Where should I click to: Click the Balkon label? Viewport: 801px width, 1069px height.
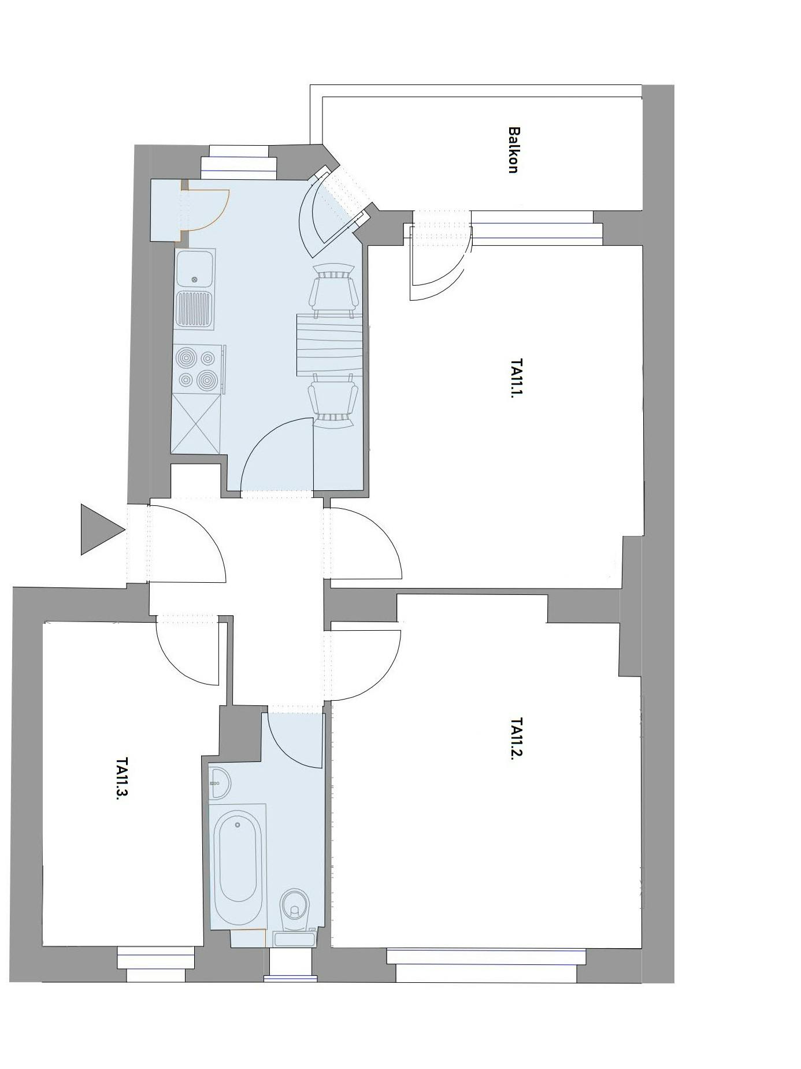513,150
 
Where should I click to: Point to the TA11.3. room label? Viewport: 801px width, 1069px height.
121,778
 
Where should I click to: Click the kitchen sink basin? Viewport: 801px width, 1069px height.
195,269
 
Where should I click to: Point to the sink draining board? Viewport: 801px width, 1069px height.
195,310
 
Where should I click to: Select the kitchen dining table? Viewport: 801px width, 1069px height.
329,345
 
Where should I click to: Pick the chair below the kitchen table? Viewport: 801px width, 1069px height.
332,400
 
